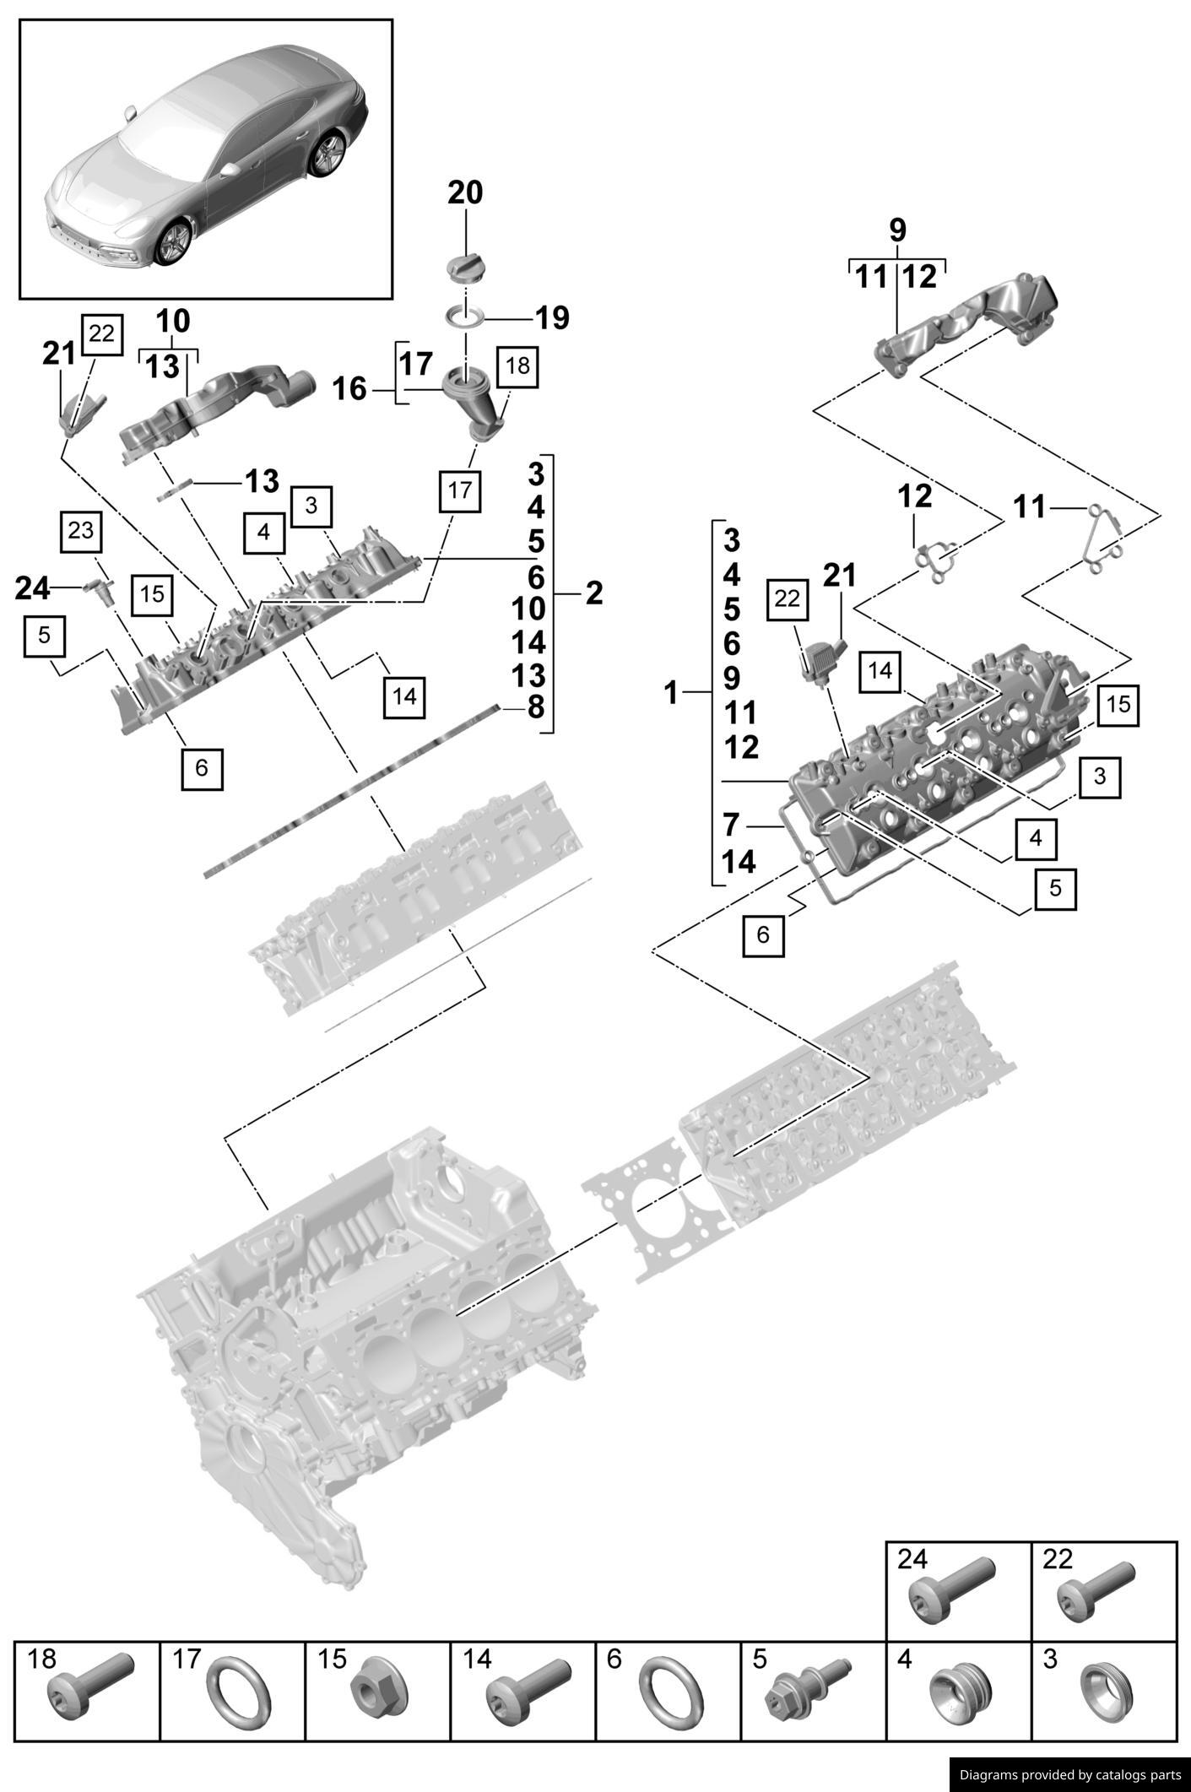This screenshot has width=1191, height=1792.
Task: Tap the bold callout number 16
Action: click(349, 389)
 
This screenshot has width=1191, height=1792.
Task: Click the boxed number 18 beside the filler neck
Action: click(517, 366)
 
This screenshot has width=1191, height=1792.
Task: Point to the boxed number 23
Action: click(81, 531)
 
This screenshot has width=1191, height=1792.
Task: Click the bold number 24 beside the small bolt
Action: click(33, 588)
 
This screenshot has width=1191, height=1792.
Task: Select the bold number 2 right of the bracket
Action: click(594, 593)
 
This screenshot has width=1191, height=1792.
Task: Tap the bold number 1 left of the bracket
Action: click(671, 694)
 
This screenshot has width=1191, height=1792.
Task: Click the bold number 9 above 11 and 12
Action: click(897, 230)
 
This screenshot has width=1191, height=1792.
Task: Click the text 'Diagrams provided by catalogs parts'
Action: click(1069, 1775)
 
